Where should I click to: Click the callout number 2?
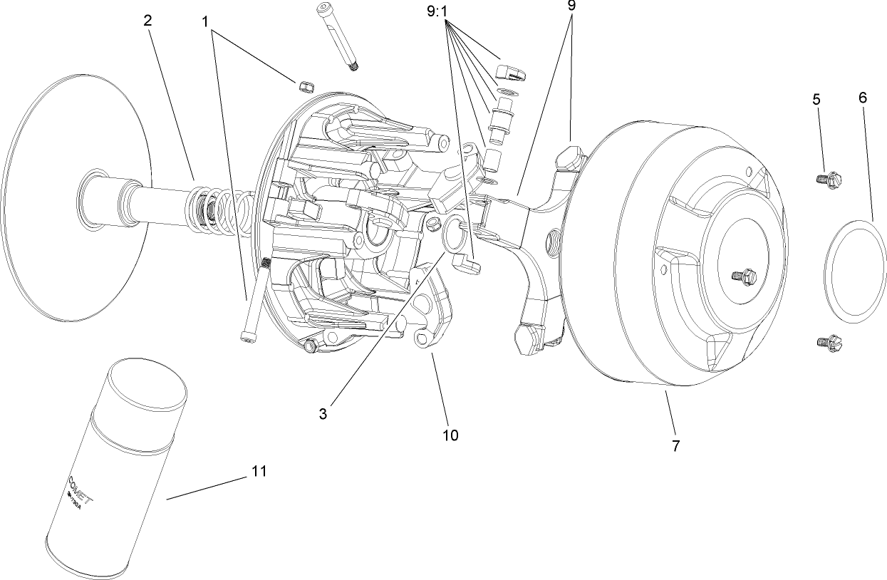click(147, 21)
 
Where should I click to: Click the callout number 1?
click(206, 22)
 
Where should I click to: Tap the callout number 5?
click(816, 99)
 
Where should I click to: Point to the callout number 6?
click(863, 98)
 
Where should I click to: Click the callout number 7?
click(675, 445)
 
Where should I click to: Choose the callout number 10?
click(450, 434)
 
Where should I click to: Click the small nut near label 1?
click(304, 86)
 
